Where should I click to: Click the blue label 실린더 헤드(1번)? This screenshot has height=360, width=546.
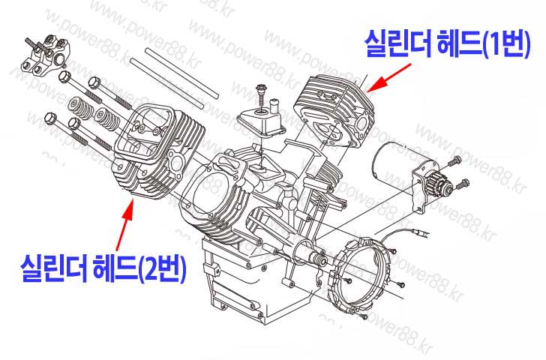pos(448,43)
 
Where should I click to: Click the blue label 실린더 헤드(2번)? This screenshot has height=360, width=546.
pos(103,268)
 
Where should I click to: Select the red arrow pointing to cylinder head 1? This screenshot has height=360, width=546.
pos(390,78)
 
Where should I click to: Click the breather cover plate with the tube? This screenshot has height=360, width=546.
pos(262,119)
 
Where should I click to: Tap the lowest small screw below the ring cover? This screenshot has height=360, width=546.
pos(363,316)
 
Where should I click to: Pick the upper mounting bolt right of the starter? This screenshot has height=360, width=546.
pos(454,161)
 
